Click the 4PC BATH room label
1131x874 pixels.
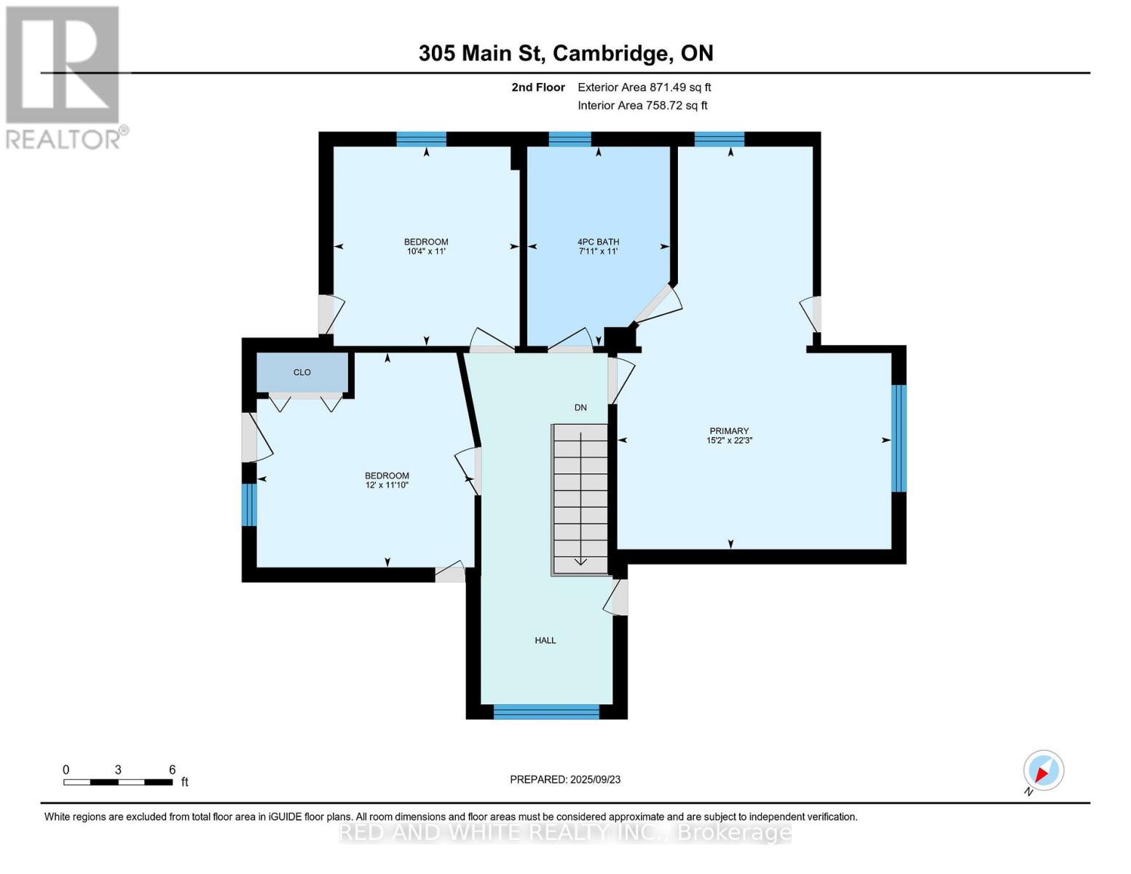click(598, 242)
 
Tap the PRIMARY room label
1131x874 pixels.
click(729, 431)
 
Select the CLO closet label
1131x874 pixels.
click(302, 372)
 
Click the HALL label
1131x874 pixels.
click(545, 640)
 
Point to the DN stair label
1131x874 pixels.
click(580, 408)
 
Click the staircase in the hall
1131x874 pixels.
click(580, 499)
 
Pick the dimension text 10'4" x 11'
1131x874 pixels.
click(426, 251)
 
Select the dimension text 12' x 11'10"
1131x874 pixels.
click(387, 485)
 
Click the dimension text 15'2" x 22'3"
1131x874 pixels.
click(729, 441)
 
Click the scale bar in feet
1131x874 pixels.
click(118, 782)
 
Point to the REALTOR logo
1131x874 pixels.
click(63, 76)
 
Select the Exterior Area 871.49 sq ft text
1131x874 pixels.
click(644, 87)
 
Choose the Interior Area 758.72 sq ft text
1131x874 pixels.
click(642, 106)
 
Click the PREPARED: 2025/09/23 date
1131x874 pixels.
click(565, 779)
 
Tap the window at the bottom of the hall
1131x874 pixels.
click(546, 712)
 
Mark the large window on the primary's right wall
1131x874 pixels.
click(899, 438)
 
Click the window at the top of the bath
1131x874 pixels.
click(570, 139)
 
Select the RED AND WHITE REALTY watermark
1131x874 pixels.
click(565, 832)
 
